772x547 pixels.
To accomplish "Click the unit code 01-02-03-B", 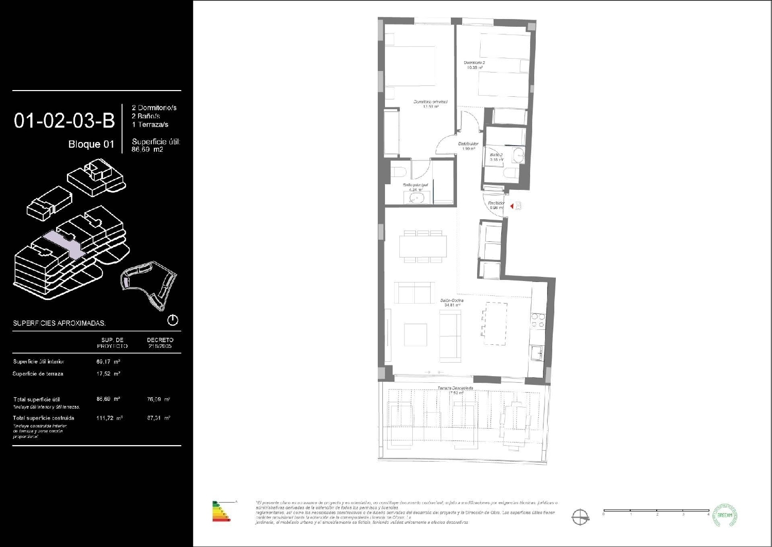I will [64, 121].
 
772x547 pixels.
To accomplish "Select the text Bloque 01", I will [91, 145].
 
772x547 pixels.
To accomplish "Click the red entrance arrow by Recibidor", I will [512, 206].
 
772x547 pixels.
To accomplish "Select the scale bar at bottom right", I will [656, 511].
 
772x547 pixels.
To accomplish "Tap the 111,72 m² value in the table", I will [109, 418].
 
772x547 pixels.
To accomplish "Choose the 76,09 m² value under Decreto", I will [159, 399].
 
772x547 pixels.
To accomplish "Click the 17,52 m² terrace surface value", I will [108, 374].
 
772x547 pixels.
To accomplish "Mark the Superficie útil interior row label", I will [39, 362].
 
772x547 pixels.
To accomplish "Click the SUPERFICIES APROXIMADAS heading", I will [59, 323].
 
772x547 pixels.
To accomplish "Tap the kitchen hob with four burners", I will [537, 321].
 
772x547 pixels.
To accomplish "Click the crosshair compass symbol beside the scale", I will [581, 516].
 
